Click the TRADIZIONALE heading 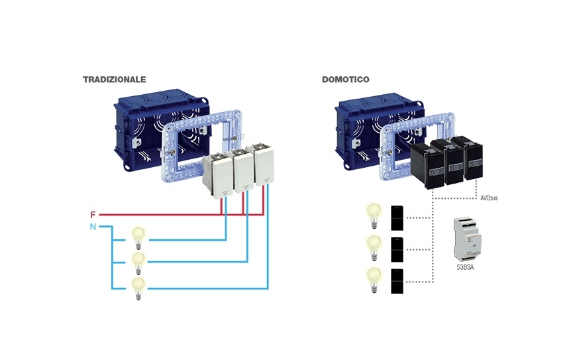[114, 79]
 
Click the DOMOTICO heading [345, 79]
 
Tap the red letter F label [93, 215]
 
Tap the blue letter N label [93, 227]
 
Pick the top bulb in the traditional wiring [138, 236]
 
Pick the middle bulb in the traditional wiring [138, 261]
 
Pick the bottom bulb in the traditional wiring [138, 287]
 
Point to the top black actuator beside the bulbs [397, 217]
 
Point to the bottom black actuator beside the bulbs [397, 280]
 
